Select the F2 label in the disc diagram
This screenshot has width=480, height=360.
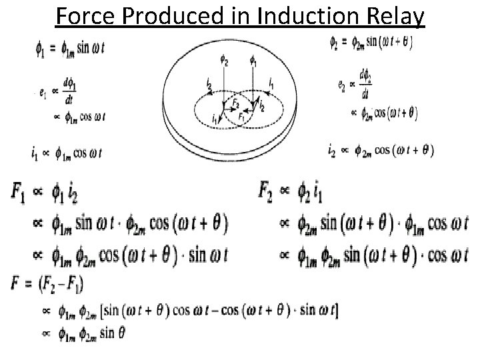[234, 106]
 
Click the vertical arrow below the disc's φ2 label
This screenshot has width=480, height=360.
[225, 89]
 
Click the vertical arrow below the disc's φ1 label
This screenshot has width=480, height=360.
[253, 87]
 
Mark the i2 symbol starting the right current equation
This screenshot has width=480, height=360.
[332, 151]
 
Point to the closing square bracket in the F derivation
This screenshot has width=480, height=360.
[337, 310]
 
